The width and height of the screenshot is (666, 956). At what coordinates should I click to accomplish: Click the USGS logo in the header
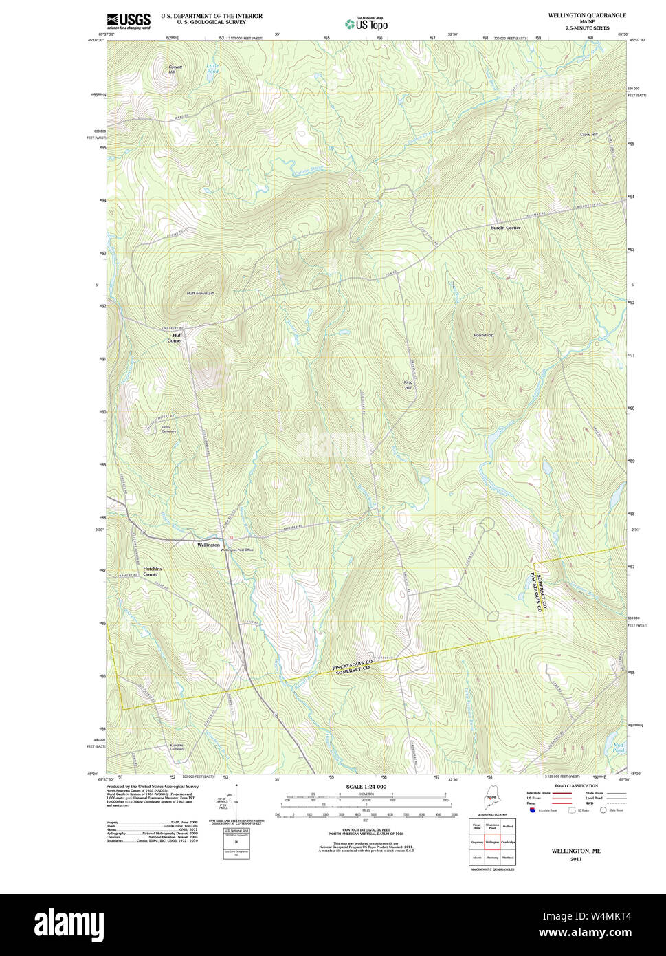[x=129, y=21]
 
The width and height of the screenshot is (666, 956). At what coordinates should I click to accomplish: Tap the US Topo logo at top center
[x=367, y=23]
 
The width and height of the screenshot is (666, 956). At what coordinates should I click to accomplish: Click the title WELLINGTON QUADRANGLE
[x=586, y=15]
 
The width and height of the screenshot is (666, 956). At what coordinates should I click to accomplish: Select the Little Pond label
[x=212, y=68]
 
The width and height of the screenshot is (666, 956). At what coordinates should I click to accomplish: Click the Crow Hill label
[x=588, y=134]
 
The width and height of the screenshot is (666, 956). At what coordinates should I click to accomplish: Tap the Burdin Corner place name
[x=505, y=227]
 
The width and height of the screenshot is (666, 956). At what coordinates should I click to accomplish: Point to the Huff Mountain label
[x=200, y=293]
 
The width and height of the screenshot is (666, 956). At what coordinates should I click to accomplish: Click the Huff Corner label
[x=176, y=338]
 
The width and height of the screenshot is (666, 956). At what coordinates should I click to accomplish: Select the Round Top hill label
[x=483, y=335]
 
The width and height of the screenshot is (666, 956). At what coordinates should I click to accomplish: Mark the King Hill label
[x=408, y=385]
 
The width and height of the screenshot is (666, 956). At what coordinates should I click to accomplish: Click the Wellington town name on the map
[x=208, y=545]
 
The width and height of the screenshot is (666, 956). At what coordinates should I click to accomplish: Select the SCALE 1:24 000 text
[x=366, y=787]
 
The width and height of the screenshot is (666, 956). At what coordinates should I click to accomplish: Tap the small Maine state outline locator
[x=491, y=798]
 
